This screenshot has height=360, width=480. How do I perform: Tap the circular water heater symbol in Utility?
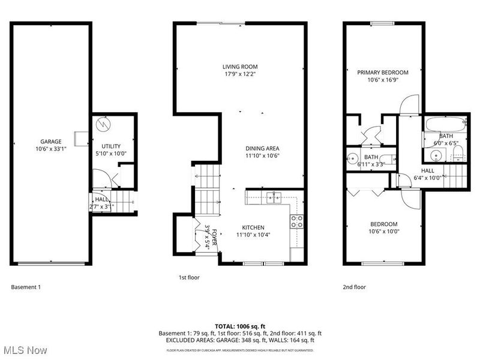(105, 124)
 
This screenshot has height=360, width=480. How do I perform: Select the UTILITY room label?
(111, 146)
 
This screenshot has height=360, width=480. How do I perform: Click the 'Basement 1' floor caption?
(26, 287)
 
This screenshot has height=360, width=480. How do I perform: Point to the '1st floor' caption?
(189, 277)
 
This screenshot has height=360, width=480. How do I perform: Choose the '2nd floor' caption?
(354, 287)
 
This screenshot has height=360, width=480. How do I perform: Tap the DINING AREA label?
(262, 148)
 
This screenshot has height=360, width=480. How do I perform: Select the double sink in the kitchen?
(274, 197)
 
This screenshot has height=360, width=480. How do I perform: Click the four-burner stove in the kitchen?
(295, 221)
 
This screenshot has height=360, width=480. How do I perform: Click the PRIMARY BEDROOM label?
(383, 72)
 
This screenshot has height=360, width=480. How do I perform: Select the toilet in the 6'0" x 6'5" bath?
(458, 155)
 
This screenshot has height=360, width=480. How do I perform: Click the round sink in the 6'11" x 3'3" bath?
(352, 160)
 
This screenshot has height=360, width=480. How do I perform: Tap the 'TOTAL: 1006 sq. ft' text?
(240, 326)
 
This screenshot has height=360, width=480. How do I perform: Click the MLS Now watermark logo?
(25, 349)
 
